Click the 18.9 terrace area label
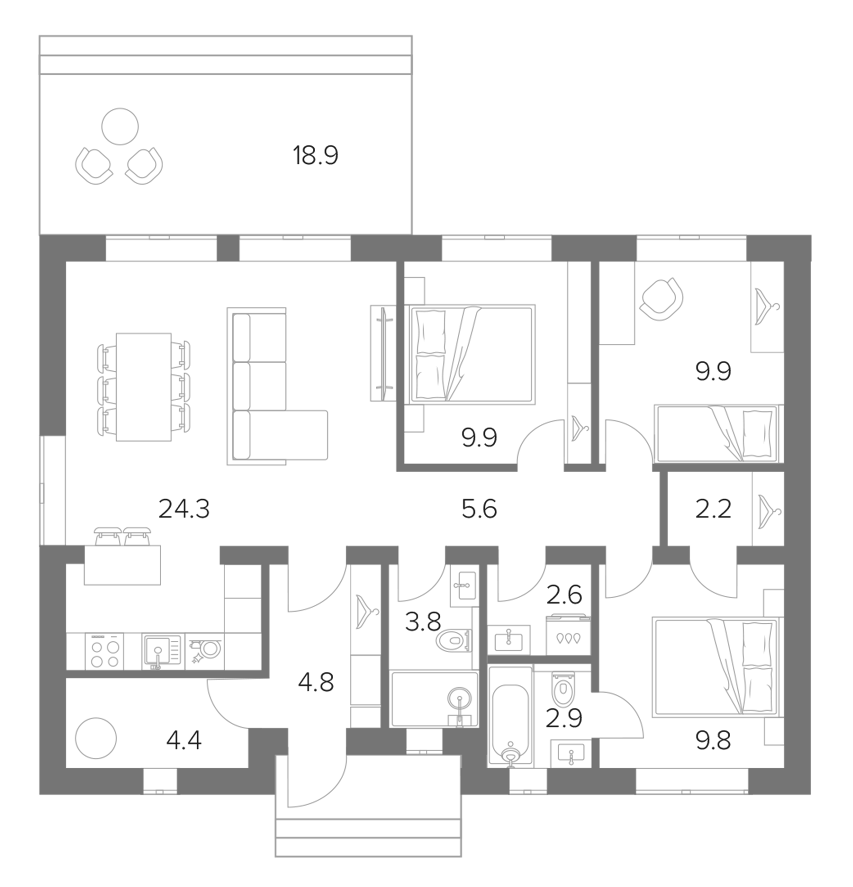316,155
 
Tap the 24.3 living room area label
184,510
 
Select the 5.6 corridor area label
479,510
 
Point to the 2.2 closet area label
713,510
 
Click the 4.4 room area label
184,741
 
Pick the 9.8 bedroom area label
713,741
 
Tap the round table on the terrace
120,126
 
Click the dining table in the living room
144,387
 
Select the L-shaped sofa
278,386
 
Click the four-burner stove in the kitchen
104,652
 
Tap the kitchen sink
161,652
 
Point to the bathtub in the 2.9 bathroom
510,717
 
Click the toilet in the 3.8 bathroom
454,641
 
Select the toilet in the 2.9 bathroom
563,690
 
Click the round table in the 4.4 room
96,738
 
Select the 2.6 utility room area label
564,595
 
